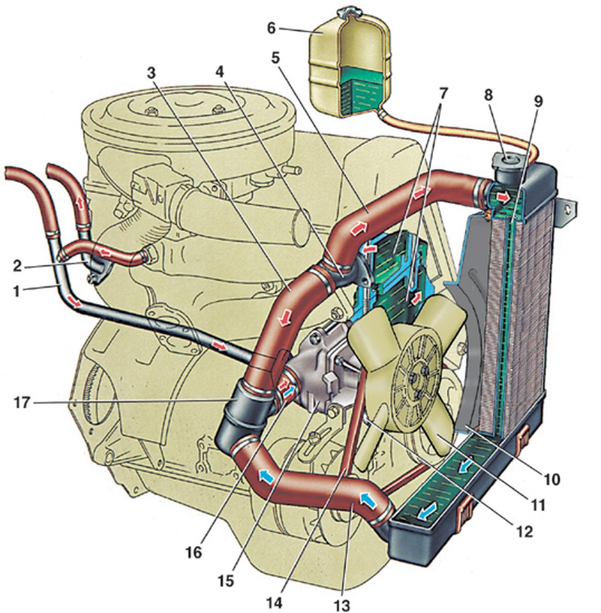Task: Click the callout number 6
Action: point(271,28)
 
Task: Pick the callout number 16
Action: point(195,553)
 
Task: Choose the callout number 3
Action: point(151,73)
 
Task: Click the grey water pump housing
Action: point(317,368)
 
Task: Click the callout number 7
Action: point(443,93)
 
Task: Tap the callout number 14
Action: point(274,603)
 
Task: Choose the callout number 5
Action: point(276,57)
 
